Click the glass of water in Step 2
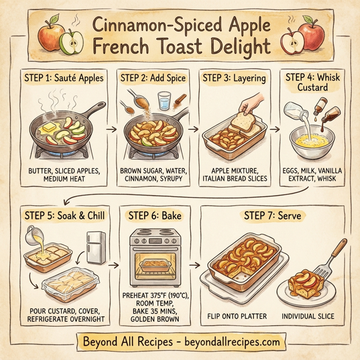163,100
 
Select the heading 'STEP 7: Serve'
270,214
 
